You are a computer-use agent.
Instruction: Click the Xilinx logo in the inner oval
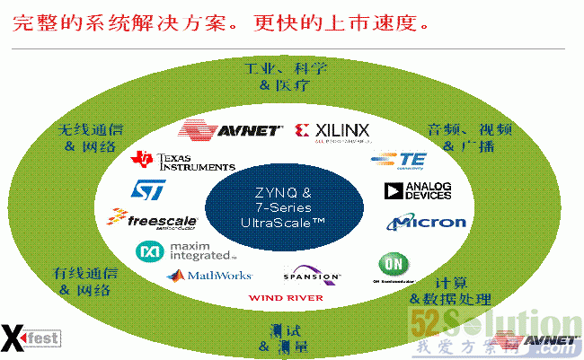tap(332, 133)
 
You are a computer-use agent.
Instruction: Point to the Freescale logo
tap(146, 218)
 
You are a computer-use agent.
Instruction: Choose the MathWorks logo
tap(209, 276)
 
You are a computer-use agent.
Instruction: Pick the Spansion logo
tap(312, 274)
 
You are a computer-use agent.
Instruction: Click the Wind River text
tap(286, 297)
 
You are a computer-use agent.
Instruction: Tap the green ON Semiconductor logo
tap(393, 267)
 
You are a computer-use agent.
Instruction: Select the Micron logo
tap(427, 222)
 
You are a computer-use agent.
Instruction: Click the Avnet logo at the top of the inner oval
tap(231, 130)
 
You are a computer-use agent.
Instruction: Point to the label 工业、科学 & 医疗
tap(286, 76)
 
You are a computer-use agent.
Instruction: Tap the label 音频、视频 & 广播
tap(468, 137)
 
